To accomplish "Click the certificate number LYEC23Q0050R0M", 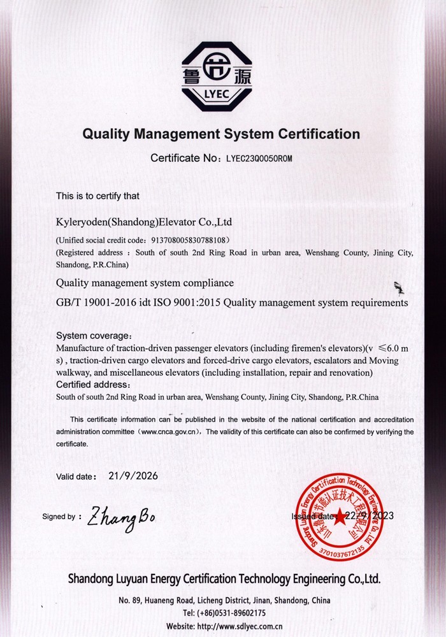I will [259, 158].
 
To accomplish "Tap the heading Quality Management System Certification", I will [221, 134].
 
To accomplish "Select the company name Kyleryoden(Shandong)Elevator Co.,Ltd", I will [144, 222].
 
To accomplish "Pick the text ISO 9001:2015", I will [192, 303].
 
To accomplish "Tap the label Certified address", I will [93, 385].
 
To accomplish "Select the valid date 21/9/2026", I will [133, 475].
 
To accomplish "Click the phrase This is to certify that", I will [97, 196].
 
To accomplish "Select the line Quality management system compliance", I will [145, 283].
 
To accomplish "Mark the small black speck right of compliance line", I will [399, 288].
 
